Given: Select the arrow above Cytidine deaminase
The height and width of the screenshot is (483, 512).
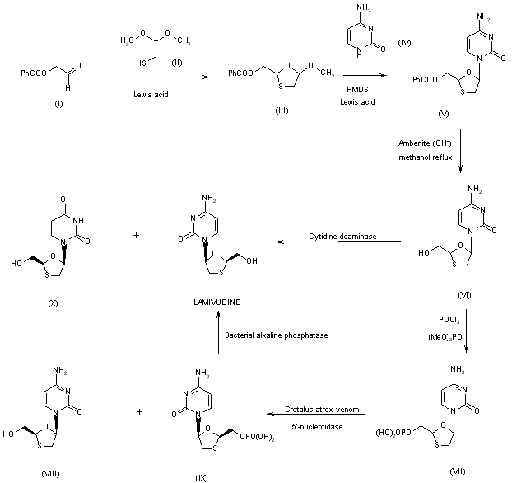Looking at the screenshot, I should (x=338, y=242).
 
